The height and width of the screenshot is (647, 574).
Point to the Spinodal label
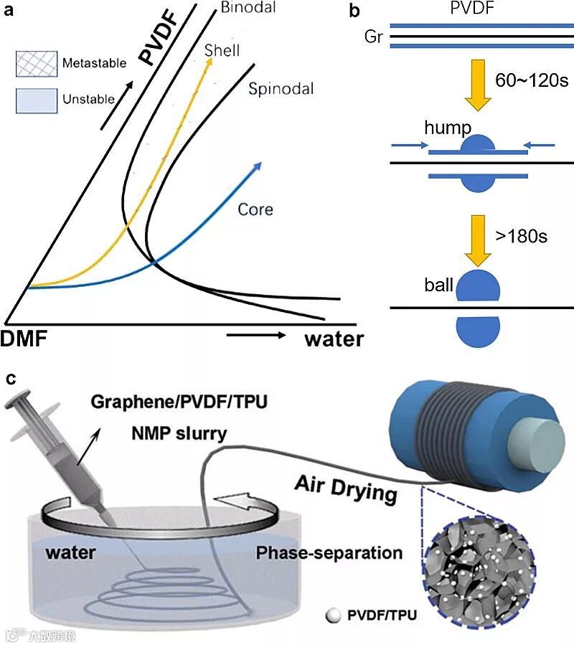coord(281,90)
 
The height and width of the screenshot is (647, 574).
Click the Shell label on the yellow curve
coord(222,51)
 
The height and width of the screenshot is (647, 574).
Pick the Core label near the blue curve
coord(255,210)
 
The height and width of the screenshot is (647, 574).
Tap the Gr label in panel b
coord(373,37)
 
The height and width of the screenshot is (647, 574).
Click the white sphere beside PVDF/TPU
coord(332,615)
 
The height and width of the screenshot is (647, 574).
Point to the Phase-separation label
coord(329,553)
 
